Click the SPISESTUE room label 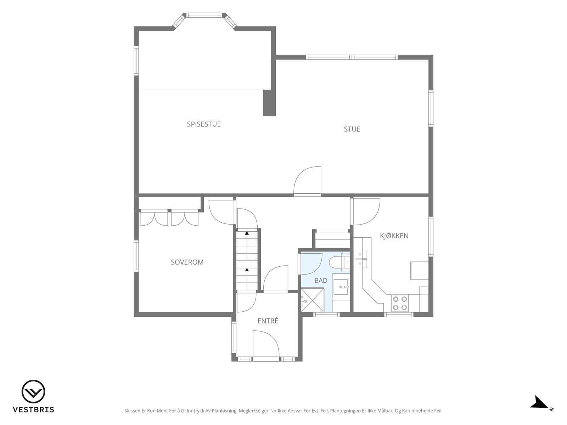[x=204, y=124]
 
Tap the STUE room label [x=352, y=129]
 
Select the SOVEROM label [x=187, y=262]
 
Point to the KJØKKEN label [x=394, y=236]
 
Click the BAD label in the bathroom [x=321, y=280]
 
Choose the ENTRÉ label [x=268, y=321]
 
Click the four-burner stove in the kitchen [x=400, y=303]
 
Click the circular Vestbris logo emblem [x=33, y=391]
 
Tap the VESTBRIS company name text [x=33, y=409]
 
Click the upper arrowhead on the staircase [x=247, y=233]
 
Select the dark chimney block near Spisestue [x=269, y=103]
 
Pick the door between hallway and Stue [x=307, y=180]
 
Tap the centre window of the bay [x=204, y=15]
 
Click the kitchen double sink [x=360, y=258]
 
